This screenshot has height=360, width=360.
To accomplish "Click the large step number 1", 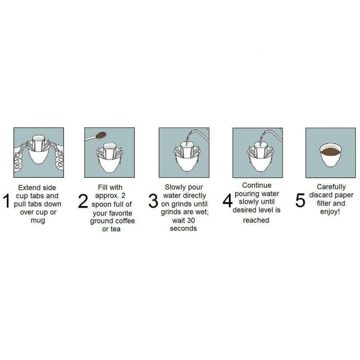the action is point(7,201).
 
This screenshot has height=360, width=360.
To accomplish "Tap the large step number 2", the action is point(83,201).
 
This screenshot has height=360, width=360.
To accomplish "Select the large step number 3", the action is point(153,201).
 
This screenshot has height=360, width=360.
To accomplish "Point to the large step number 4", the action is point(228,200).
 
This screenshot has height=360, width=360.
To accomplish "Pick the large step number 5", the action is point(300,200).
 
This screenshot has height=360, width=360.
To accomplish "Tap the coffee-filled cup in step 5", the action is point(331,155).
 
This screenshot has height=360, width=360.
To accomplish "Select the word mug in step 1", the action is point(38,220).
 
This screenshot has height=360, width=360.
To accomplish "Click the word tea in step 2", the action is point(115,229).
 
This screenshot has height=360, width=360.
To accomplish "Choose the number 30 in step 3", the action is point(191,220).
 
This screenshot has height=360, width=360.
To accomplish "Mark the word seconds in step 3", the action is point(183,228).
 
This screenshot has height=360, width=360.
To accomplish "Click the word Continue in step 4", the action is point(256,186).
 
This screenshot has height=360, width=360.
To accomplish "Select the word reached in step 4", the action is point(256,220).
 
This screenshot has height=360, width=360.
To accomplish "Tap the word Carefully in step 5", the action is point(331,187).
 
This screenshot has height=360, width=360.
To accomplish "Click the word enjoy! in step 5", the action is point(330,212).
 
